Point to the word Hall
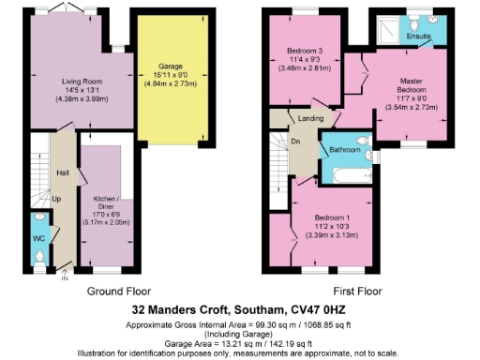click(x=63, y=172)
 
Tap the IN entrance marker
click(x=65, y=278)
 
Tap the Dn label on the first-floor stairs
click(x=295, y=142)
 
